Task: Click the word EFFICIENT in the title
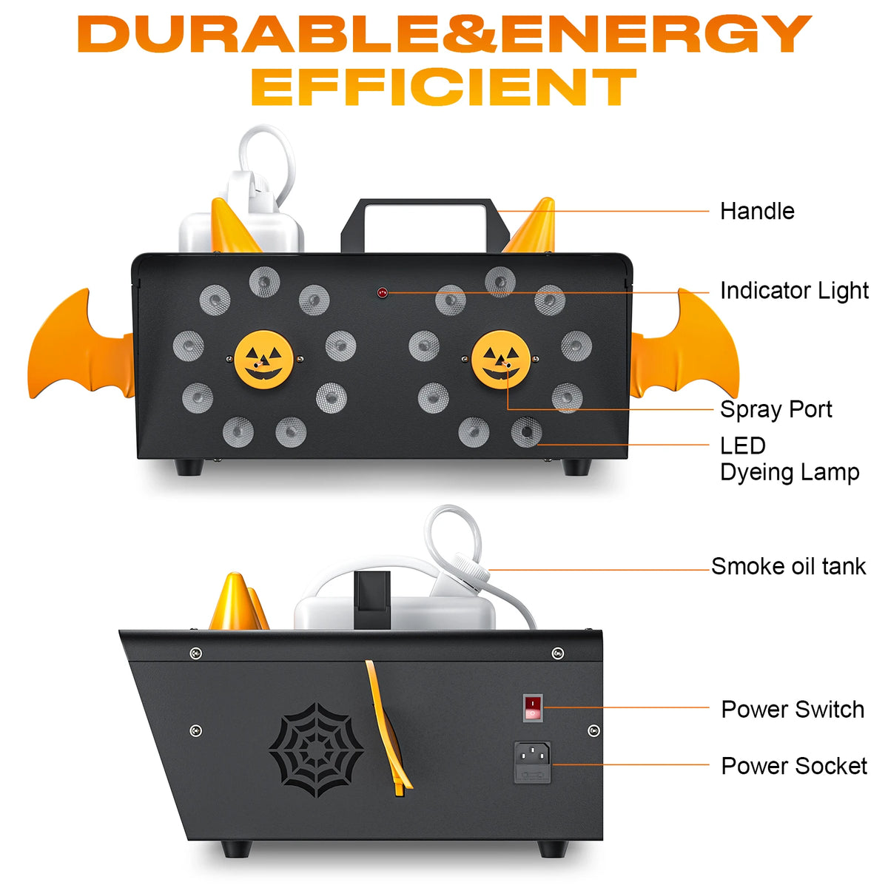click(x=443, y=87)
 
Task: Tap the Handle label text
click(x=756, y=212)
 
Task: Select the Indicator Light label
click(x=793, y=291)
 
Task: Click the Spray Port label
click(x=776, y=409)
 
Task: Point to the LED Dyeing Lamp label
click(x=789, y=459)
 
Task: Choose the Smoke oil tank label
click(x=788, y=567)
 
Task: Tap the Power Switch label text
click(x=792, y=710)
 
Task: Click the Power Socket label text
click(x=793, y=766)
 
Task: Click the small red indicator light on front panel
click(x=383, y=293)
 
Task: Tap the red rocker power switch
click(x=533, y=707)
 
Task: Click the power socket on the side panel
click(x=533, y=761)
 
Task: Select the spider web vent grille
click(x=317, y=750)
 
